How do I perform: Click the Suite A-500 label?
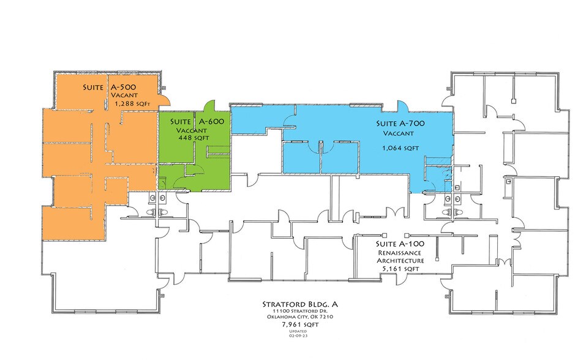click(x=109, y=88)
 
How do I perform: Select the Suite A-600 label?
click(x=197, y=122)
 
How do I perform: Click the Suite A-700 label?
click(x=400, y=124)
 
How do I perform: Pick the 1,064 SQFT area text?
click(x=400, y=148)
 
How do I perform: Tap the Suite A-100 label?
click(x=400, y=244)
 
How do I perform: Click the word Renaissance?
click(x=400, y=253)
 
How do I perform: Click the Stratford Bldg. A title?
click(x=300, y=304)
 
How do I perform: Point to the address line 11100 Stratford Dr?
click(x=300, y=312)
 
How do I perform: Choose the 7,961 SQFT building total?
click(x=300, y=324)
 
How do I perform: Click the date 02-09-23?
click(x=298, y=336)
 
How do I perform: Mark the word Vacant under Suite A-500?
click(x=124, y=96)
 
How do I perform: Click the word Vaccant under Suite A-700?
click(x=399, y=133)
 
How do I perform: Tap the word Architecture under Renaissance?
click(x=400, y=261)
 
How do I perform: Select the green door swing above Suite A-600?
click(x=209, y=106)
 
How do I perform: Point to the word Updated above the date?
click(x=298, y=332)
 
